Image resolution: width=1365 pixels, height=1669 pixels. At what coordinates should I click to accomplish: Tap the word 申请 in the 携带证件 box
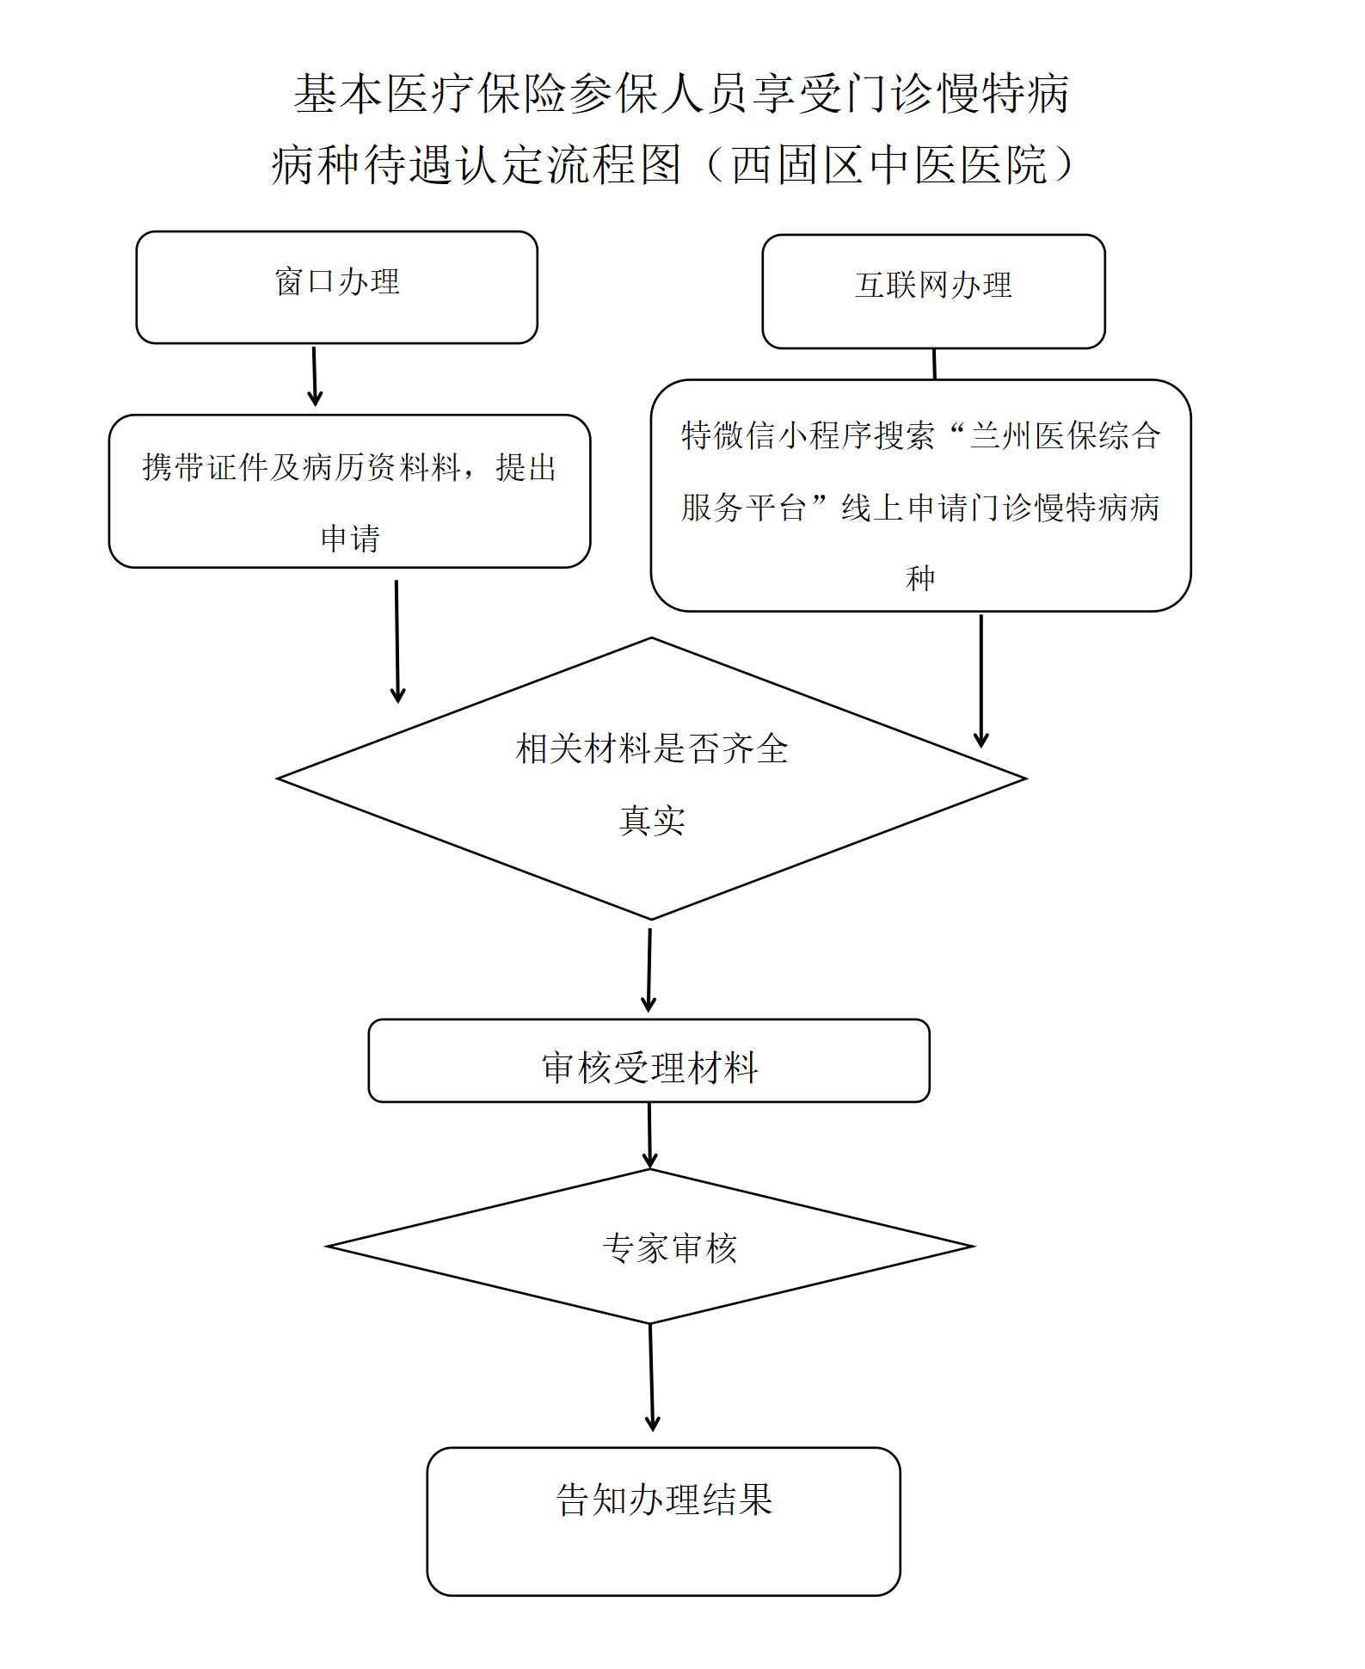coord(349,539)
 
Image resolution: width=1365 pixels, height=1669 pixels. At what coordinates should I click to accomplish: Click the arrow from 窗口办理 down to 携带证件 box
coord(315,376)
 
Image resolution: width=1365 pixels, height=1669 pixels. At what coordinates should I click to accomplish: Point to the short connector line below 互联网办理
coord(934,364)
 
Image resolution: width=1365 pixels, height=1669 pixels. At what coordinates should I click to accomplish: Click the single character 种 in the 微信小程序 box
coord(919,578)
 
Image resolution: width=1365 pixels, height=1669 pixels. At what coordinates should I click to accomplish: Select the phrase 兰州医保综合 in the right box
coord(1066,436)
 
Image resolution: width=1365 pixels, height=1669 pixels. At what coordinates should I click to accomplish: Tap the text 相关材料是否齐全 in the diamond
coord(651,748)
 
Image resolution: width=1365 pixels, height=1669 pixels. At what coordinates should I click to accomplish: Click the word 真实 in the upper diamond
coord(651,820)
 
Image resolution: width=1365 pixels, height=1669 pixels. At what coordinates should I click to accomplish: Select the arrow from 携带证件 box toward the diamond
coord(397,641)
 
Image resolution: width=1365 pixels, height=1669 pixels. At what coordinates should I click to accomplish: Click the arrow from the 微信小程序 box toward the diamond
coord(981,680)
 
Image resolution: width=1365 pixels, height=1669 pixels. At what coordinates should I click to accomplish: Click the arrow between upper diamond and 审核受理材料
coord(649,970)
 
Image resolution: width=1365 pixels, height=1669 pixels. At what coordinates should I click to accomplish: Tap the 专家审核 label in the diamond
coord(669,1247)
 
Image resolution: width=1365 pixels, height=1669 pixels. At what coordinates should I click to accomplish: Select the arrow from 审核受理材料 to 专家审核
coord(649,1135)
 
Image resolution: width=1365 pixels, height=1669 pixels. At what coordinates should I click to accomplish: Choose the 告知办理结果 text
coord(664,1500)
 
